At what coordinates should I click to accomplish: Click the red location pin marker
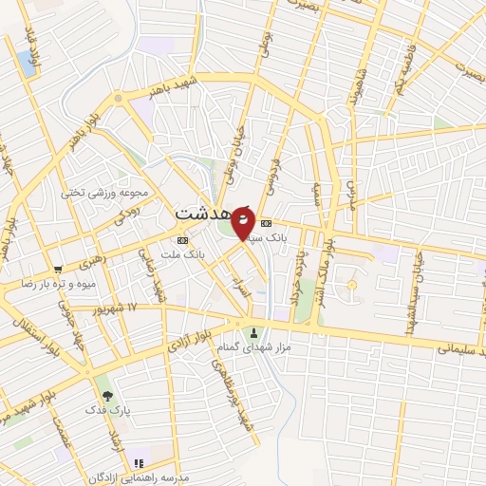(x=242, y=222)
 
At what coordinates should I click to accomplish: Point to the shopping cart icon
(x=59, y=269)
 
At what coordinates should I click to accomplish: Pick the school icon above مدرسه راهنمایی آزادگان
(x=140, y=463)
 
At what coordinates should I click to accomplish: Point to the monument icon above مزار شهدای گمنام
(x=253, y=332)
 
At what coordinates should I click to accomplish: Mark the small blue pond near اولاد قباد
(x=26, y=64)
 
